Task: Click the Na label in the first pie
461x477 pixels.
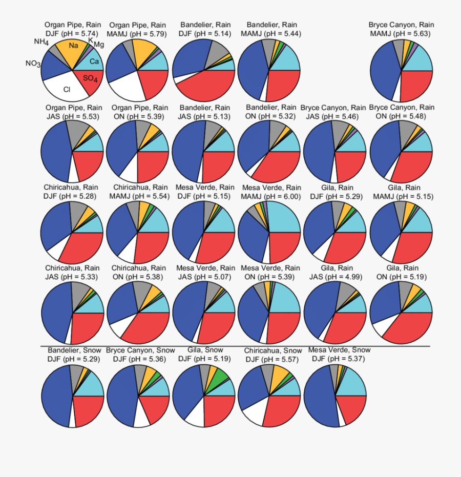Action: [x=73, y=46]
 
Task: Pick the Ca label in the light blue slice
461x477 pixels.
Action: [x=94, y=61]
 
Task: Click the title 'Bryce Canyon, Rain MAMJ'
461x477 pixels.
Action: [x=401, y=29]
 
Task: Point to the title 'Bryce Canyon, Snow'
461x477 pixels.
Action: [x=137, y=350]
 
